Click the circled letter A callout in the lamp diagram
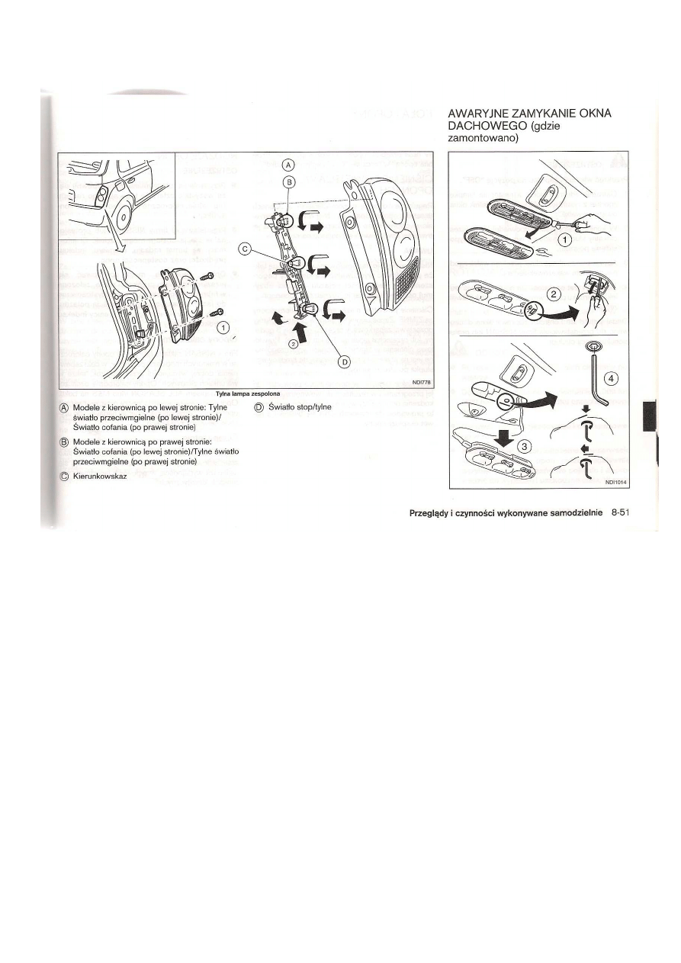click(288, 165)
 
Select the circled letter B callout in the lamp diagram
click(288, 181)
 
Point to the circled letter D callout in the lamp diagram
click(343, 362)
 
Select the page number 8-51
click(624, 513)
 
